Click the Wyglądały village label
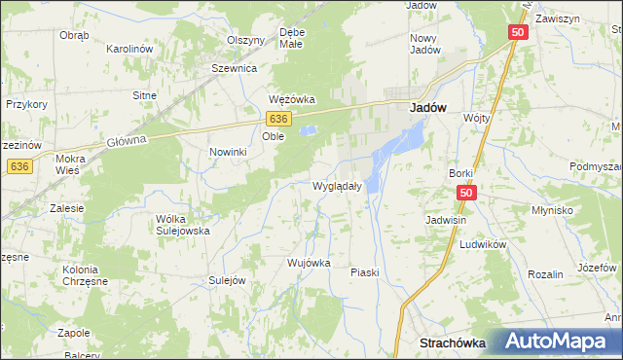pyautogui.click(x=337, y=186)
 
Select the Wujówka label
pyautogui.click(x=310, y=263)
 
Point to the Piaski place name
pyautogui.click(x=364, y=272)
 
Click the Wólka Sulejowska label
pyautogui.click(x=183, y=225)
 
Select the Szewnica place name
pyautogui.click(x=234, y=69)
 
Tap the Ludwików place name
pyautogui.click(x=484, y=245)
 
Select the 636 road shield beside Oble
pyautogui.click(x=279, y=117)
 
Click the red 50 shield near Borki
pyautogui.click(x=467, y=194)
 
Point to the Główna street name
pyautogui.click(x=126, y=140)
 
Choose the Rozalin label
pyautogui.click(x=545, y=275)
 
